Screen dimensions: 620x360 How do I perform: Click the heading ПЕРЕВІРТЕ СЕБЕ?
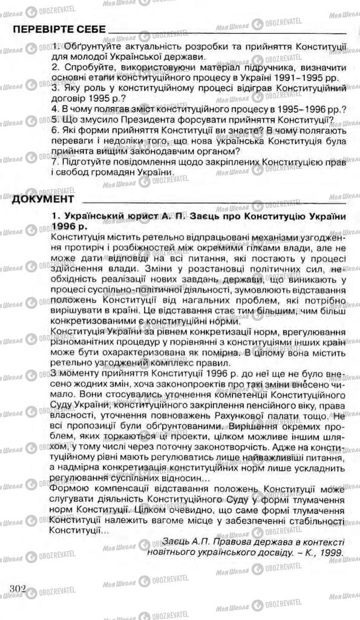point(57,30)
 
